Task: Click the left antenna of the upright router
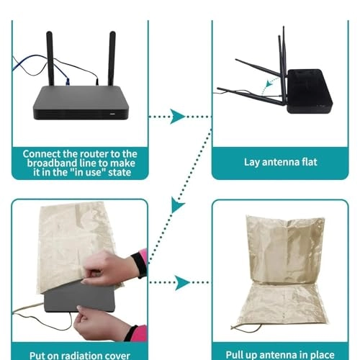(x=50, y=58)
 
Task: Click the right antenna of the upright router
(x=112, y=58)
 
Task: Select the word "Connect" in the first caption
(x=42, y=153)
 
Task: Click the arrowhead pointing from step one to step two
(x=176, y=116)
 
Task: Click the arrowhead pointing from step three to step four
(x=181, y=282)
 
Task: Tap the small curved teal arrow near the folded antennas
(x=271, y=86)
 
